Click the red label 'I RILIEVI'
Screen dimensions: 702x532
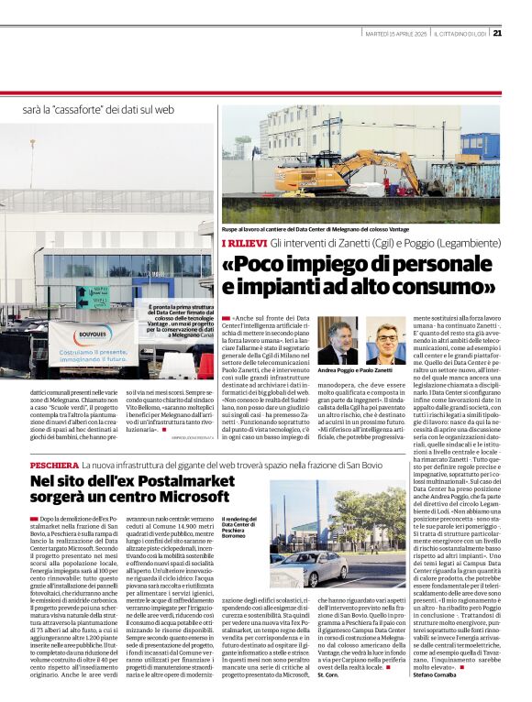[x=244, y=242]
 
